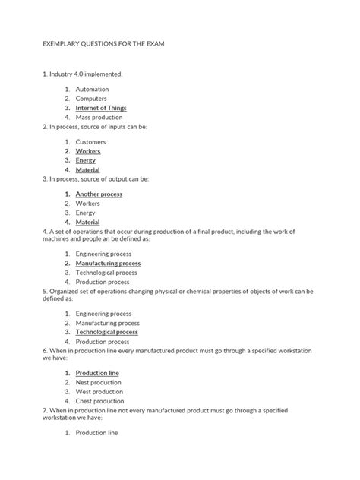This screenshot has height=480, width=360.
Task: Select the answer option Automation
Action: pos(92,89)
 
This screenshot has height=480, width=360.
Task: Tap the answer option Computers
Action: pos(91,99)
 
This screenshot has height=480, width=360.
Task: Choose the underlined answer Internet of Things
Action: pos(101,108)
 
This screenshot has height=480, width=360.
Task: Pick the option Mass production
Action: pos(98,118)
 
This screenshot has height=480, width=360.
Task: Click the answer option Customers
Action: pos(91,141)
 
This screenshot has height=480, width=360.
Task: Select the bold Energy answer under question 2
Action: pos(86,160)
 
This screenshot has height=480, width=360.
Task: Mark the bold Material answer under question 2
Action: pos(88,170)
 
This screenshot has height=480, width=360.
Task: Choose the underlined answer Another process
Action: pos(99,194)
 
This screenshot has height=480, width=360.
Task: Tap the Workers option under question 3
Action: pos(89,204)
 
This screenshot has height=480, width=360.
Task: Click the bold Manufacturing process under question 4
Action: pos(108,263)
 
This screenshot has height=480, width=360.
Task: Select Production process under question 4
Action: pos(103,282)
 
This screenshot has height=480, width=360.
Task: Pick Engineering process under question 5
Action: pos(103,313)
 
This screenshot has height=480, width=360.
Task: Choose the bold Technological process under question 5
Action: pos(106,332)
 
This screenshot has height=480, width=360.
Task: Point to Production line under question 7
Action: pos(97,432)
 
